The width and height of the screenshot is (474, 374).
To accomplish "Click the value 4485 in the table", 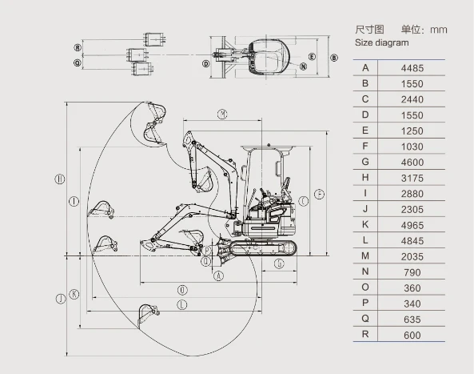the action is (x=412, y=68).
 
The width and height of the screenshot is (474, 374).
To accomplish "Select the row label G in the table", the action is (x=365, y=162).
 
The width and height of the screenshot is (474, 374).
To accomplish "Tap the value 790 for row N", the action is (x=412, y=272).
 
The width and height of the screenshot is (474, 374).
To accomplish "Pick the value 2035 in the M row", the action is (x=412, y=256).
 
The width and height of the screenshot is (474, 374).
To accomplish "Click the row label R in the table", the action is (x=365, y=334).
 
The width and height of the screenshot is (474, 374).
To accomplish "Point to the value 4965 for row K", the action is (x=412, y=225).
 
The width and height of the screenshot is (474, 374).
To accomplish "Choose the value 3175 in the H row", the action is (x=412, y=178).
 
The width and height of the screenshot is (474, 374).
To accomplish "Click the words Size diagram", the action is (x=381, y=42).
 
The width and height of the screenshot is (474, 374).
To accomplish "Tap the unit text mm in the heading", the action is (x=439, y=30).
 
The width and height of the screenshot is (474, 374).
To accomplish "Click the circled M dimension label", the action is (x=222, y=115).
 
